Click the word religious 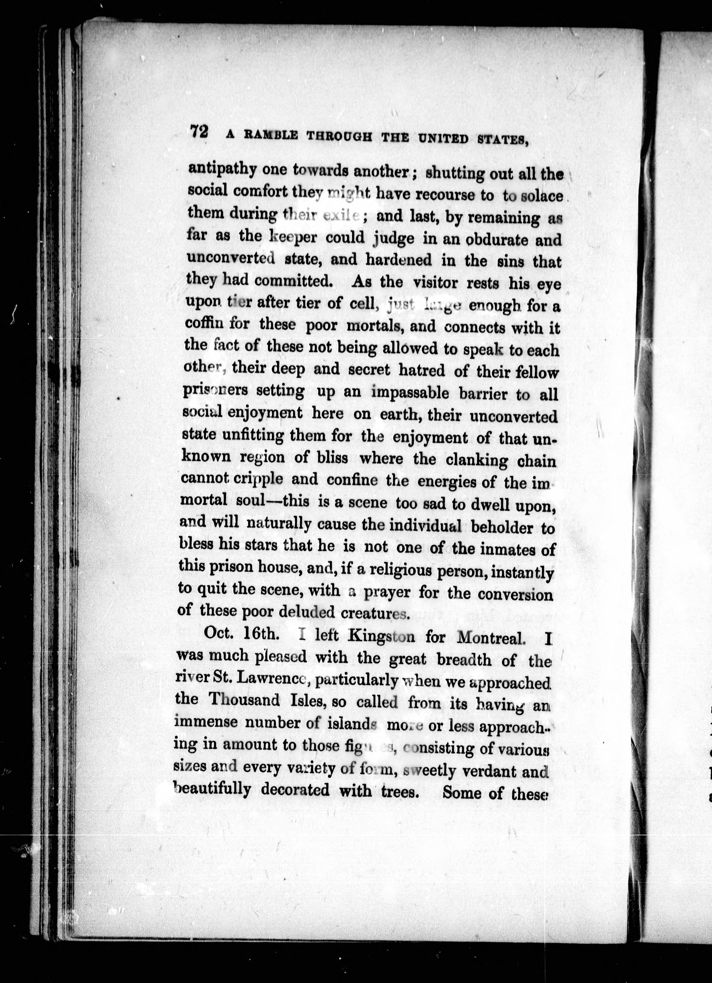pos(395,571)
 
